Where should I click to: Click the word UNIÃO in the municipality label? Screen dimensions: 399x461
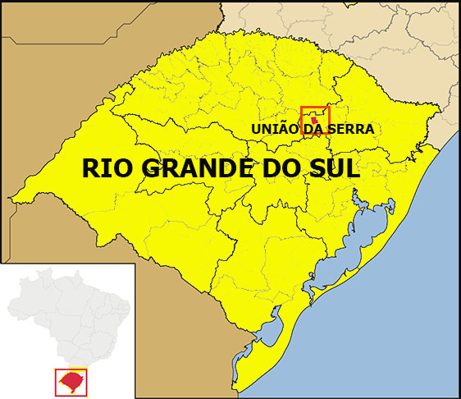(x=276, y=129)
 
